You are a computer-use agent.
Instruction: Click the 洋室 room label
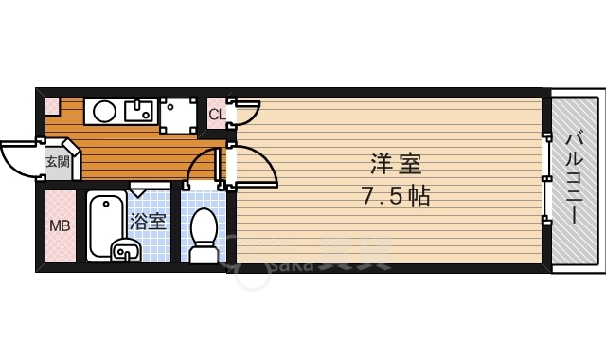[x=396, y=163]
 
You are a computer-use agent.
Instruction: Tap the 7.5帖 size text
[x=396, y=196]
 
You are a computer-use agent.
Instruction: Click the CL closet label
[x=217, y=116]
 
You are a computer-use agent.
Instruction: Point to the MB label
[x=60, y=226]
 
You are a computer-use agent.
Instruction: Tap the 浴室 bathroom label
[x=149, y=222]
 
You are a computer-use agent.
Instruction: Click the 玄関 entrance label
[x=57, y=161]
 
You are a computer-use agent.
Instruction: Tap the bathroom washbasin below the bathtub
[x=124, y=251]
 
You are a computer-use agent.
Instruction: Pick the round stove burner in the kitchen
[x=104, y=112]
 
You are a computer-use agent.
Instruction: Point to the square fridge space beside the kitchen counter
[x=178, y=115]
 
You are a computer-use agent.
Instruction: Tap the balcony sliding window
[x=546, y=180]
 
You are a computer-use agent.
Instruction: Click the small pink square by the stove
[x=52, y=105]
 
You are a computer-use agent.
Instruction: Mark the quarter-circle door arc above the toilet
[x=203, y=167]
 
